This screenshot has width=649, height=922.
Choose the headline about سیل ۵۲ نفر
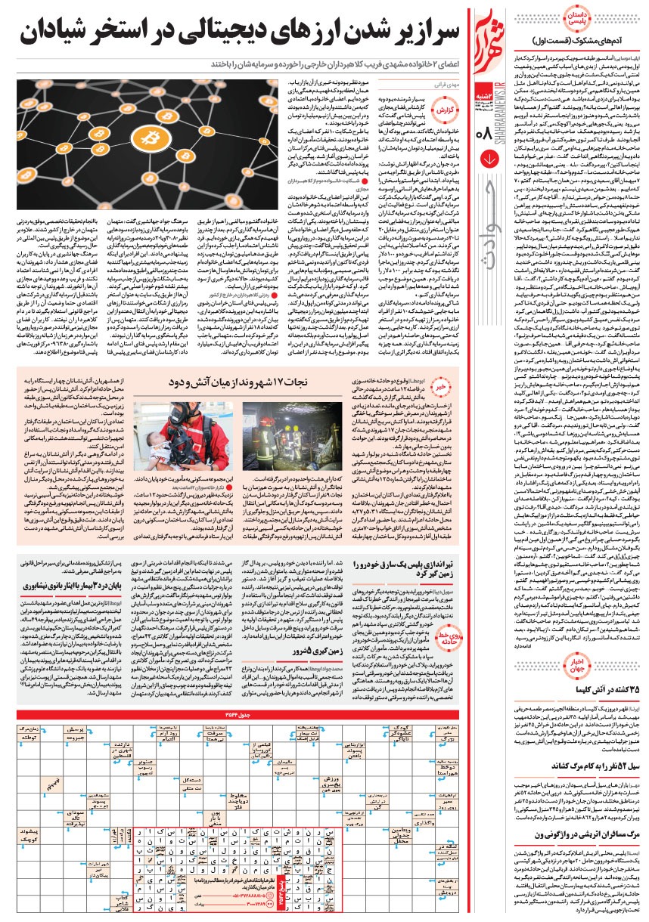click(x=585, y=744)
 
